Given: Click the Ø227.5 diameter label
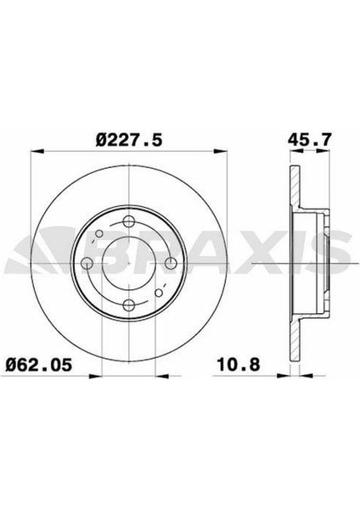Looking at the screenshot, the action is (x=129, y=141).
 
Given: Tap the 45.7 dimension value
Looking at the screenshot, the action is (x=310, y=140).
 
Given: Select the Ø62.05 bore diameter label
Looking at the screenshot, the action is (x=39, y=365).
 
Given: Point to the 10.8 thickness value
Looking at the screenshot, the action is (x=239, y=365).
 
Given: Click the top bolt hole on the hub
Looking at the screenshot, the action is (x=129, y=222).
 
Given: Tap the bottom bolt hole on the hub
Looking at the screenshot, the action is (x=129, y=305).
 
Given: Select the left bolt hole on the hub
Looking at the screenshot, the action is (x=87, y=263).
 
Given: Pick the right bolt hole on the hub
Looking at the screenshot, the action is (x=171, y=263).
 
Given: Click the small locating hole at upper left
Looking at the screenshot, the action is (x=99, y=233).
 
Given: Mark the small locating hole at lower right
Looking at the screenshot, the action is (x=159, y=293).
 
